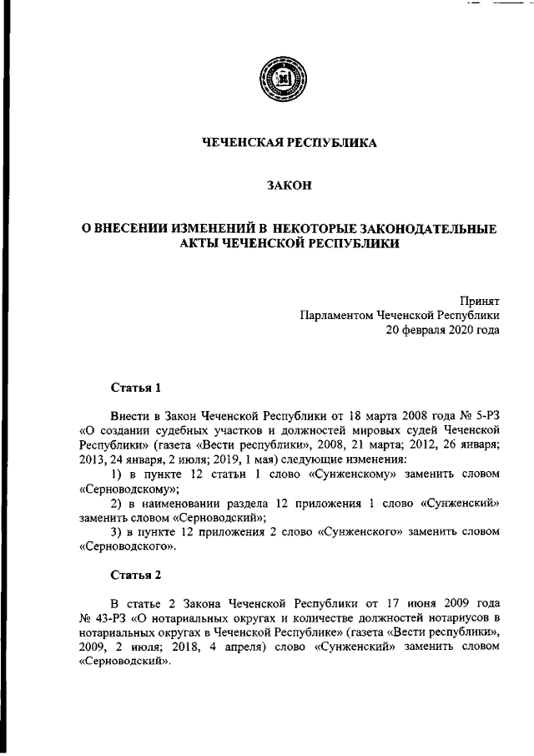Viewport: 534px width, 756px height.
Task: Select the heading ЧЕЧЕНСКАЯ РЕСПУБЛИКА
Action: click(290, 143)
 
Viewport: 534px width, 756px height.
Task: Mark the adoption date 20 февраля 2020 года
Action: click(442, 330)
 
